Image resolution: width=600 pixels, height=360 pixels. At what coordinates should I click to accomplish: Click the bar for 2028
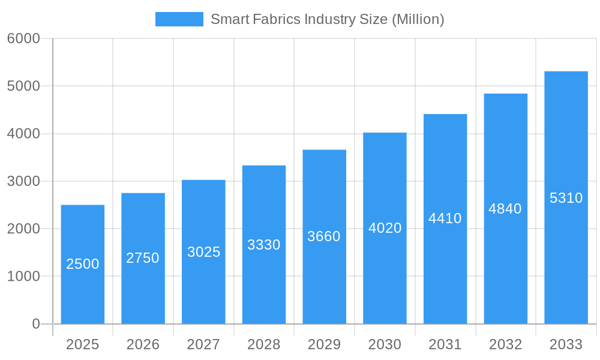(x=264, y=282)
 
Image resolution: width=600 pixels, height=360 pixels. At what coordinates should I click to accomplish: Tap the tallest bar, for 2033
(x=566, y=258)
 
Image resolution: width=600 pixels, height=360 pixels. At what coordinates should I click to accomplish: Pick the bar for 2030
(x=385, y=276)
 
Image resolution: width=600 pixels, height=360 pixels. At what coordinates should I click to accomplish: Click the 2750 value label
(x=143, y=258)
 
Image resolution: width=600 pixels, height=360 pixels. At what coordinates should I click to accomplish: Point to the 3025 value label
(x=204, y=252)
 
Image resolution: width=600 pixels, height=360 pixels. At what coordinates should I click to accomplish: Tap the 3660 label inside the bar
(x=324, y=236)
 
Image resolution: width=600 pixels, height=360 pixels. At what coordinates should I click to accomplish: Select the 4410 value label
(x=445, y=218)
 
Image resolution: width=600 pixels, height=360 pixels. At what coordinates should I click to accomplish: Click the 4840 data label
(x=505, y=209)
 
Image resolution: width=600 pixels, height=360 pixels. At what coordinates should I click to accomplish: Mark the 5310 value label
(x=566, y=198)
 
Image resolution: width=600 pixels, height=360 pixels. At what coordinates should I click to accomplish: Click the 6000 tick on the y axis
(x=23, y=38)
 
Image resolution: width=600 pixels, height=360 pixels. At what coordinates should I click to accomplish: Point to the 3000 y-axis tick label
(x=23, y=181)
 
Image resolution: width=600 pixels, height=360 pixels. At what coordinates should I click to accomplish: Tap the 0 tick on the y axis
(x=35, y=324)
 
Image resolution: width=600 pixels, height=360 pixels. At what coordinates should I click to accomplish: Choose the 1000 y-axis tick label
(x=23, y=277)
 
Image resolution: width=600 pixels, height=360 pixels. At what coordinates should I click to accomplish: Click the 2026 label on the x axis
(x=143, y=344)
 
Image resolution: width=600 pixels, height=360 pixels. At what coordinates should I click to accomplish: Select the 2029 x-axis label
(x=324, y=344)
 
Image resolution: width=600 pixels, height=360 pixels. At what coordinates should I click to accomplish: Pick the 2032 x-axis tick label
(x=505, y=344)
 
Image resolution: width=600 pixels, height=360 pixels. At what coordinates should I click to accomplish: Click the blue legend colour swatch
(x=179, y=19)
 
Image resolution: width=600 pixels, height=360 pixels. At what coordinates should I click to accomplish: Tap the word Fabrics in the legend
(x=277, y=19)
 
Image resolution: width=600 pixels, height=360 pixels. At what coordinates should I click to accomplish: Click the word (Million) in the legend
(x=418, y=19)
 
